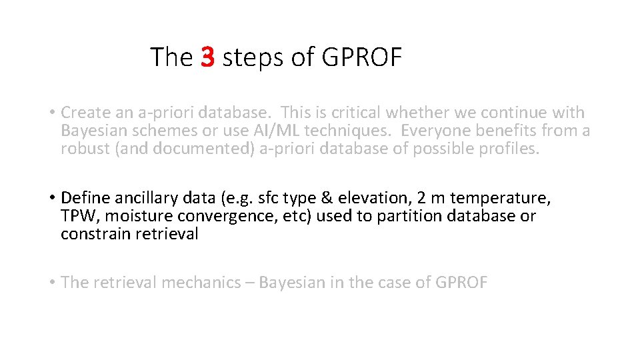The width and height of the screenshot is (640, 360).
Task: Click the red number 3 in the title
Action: (207, 57)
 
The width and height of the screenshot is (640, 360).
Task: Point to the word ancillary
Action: (139, 198)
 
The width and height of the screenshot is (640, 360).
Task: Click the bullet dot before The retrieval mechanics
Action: (51, 283)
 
